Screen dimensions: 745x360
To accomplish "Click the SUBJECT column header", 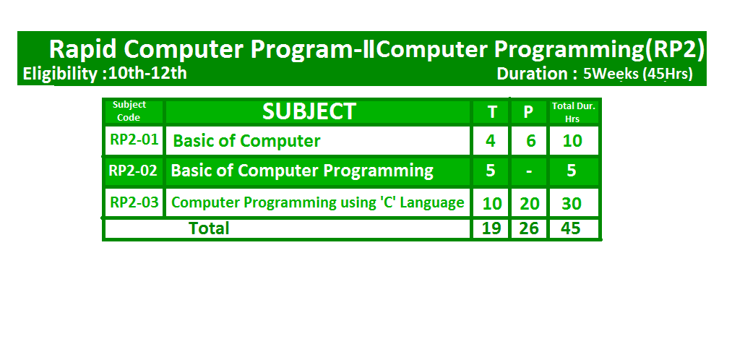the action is click(x=309, y=111).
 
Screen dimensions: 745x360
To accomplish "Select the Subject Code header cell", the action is click(x=129, y=111).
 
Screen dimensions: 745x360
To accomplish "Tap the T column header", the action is click(x=492, y=112).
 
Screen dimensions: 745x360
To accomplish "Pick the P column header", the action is click(x=528, y=112).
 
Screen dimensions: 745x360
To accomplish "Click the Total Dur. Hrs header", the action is click(x=573, y=112).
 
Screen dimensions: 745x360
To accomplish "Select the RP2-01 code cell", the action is click(x=134, y=140).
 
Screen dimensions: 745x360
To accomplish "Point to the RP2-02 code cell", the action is click(x=133, y=171).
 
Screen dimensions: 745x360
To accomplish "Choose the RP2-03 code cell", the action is click(x=134, y=202).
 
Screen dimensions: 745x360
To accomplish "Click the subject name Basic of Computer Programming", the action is click(x=302, y=171).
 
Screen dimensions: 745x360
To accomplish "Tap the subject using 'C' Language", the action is click(x=317, y=202).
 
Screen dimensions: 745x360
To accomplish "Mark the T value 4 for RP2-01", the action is click(x=491, y=141).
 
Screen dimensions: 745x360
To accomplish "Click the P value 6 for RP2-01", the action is click(x=530, y=141).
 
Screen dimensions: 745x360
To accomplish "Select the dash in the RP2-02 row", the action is click(x=529, y=171).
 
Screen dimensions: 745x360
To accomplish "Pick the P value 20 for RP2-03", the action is click(x=529, y=204).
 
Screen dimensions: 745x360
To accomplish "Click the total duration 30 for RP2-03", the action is click(x=572, y=204).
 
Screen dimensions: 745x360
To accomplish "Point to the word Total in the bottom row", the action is click(x=209, y=228).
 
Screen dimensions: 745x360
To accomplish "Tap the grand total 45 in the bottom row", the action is click(x=571, y=228).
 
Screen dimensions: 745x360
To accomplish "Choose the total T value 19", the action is click(x=491, y=228).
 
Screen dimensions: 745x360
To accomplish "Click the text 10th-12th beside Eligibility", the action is click(x=147, y=73).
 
